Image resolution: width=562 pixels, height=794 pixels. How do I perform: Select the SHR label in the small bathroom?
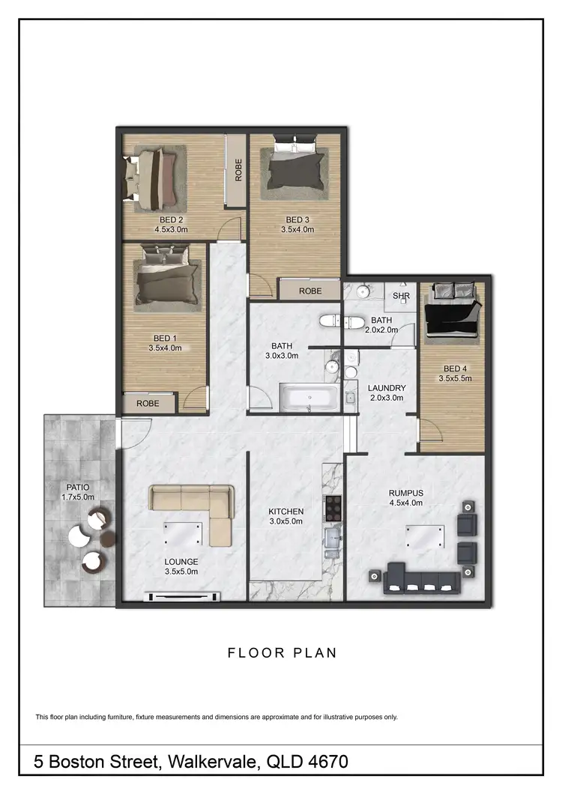(x=402, y=296)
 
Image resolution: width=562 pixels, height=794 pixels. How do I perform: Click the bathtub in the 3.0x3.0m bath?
(x=309, y=398)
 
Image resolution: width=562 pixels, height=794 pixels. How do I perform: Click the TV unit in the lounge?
(x=185, y=596)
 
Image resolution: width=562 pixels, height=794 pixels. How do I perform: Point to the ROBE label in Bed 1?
(x=148, y=403)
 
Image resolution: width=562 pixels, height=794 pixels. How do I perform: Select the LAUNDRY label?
(x=387, y=388)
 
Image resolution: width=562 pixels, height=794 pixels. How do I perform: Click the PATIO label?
(x=78, y=487)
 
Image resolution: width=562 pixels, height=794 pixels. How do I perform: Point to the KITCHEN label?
(x=286, y=512)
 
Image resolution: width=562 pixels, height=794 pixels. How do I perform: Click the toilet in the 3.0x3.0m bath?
(x=331, y=321)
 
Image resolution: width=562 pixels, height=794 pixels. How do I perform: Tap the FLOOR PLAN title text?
(x=282, y=652)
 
